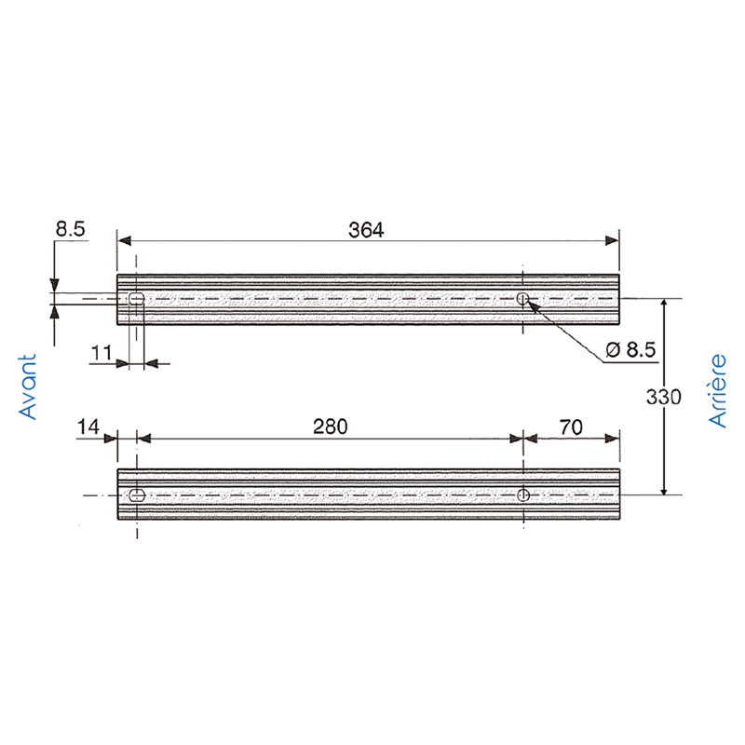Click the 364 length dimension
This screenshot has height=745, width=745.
pyautogui.click(x=366, y=230)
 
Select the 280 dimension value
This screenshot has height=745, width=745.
pyautogui.click(x=331, y=427)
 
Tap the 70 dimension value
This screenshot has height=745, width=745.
pyautogui.click(x=571, y=427)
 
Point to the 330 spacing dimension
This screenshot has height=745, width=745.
pyautogui.click(x=664, y=397)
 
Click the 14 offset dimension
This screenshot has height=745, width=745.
pyautogui.click(x=88, y=427)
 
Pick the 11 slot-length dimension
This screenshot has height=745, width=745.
pyautogui.click(x=102, y=353)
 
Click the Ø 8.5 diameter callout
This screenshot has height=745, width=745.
pyautogui.click(x=631, y=350)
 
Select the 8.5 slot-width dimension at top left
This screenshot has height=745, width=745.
pyautogui.click(x=71, y=228)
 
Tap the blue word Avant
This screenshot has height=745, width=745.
pyautogui.click(x=28, y=386)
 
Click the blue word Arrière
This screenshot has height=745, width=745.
pyautogui.click(x=717, y=390)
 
